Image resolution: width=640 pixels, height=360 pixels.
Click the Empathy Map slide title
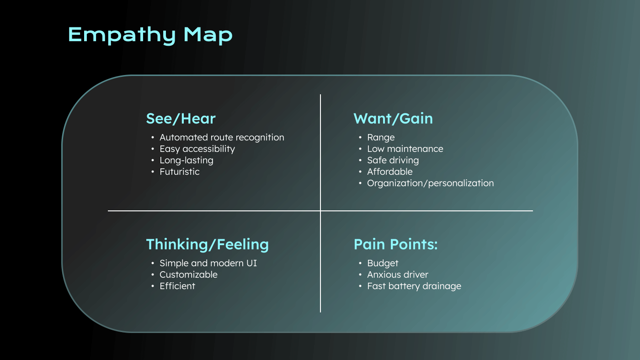pyautogui.click(x=150, y=35)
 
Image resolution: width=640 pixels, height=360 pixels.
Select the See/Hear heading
pyautogui.click(x=181, y=119)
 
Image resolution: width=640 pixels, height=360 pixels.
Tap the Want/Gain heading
pyautogui.click(x=393, y=119)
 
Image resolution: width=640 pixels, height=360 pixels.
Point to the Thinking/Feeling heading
pyautogui.click(x=207, y=245)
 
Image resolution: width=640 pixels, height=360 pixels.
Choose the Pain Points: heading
pyautogui.click(x=395, y=245)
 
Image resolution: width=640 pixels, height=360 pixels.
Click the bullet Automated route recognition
pyautogui.click(x=222, y=137)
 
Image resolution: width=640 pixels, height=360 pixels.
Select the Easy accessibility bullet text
pyautogui.click(x=197, y=149)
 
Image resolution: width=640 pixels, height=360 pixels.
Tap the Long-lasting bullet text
pyautogui.click(x=186, y=160)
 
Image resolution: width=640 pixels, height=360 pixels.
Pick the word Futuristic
pyautogui.click(x=179, y=172)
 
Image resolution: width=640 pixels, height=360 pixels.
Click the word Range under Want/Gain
pyautogui.click(x=381, y=137)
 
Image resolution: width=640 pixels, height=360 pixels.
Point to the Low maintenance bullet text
pyautogui.click(x=405, y=149)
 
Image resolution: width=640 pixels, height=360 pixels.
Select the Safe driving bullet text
pyautogui.click(x=393, y=160)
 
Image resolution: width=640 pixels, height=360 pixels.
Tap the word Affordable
pyautogui.click(x=389, y=172)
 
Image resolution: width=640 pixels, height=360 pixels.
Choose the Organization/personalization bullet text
pyautogui.click(x=430, y=183)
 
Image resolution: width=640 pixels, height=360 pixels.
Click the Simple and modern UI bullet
pyautogui.click(x=208, y=263)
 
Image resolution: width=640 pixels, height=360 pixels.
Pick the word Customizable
pyautogui.click(x=188, y=274)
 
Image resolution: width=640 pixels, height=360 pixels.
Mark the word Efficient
pyautogui.click(x=177, y=286)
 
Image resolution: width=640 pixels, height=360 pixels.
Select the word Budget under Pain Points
pyautogui.click(x=383, y=263)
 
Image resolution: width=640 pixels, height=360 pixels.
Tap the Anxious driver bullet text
pyautogui.click(x=398, y=274)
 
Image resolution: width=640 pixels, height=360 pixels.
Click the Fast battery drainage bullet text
pyautogui.click(x=414, y=286)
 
